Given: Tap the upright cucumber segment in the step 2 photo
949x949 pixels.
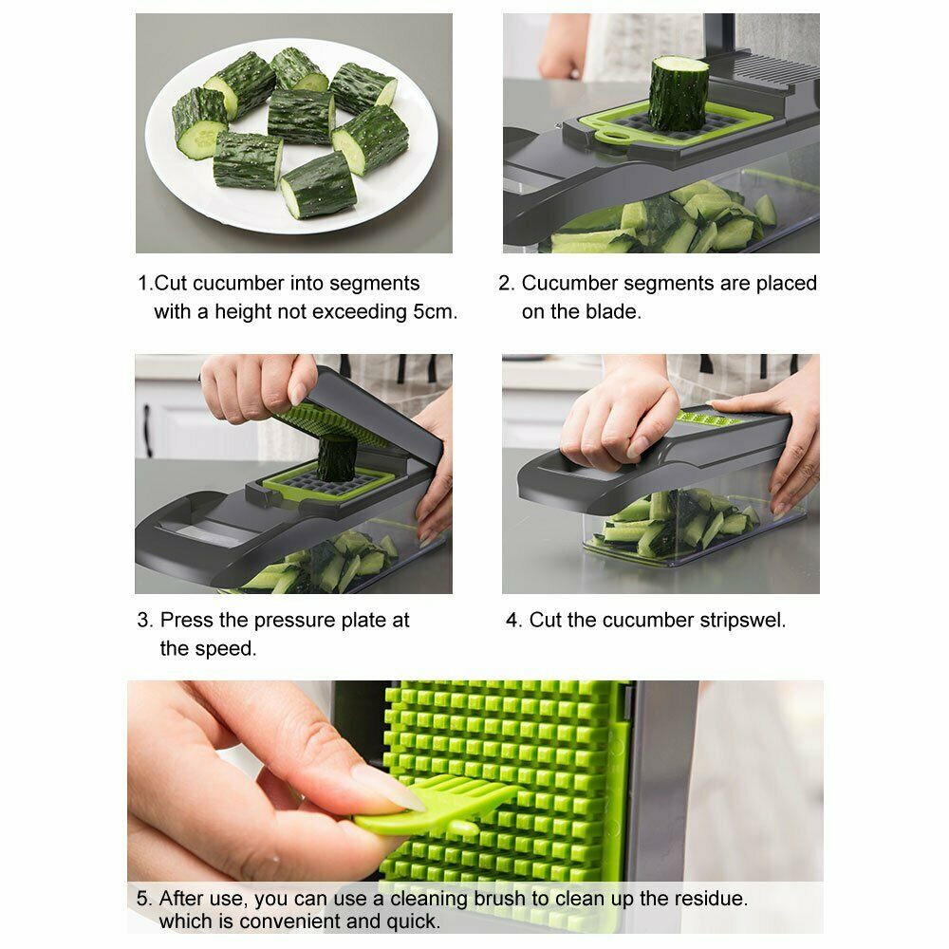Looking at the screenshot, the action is point(678,93).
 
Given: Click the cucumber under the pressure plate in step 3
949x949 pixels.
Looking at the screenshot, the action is point(337,458).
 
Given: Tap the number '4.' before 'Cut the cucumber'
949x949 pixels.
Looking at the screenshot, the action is point(513,621).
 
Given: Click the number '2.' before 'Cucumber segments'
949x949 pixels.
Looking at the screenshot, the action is point(506,283).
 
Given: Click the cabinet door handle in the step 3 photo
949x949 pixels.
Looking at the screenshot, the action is point(147,430).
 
